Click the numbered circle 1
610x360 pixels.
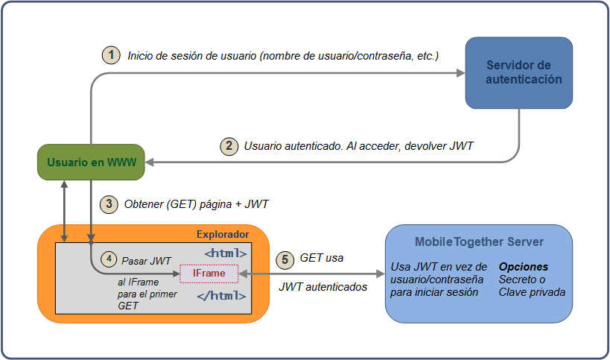coord(111,55)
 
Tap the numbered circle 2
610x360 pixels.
coord(229,146)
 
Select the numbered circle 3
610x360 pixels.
coord(109,203)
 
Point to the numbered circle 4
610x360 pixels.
coord(109,260)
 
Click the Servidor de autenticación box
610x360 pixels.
coord(518,72)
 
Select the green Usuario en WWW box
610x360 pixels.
coord(91,162)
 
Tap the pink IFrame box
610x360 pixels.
coord(209,274)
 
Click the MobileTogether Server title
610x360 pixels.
coord(479,242)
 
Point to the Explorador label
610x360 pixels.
coord(222,235)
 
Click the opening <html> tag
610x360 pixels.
coord(225,253)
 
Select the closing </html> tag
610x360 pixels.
coord(221,295)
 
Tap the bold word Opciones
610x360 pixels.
coord(524,266)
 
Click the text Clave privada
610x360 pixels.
coord(532,292)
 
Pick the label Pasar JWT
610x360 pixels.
coord(146,261)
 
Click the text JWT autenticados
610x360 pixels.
coord(323,286)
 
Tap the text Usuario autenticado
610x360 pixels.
coord(293,146)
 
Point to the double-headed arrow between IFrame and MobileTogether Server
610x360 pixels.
coord(312,274)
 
